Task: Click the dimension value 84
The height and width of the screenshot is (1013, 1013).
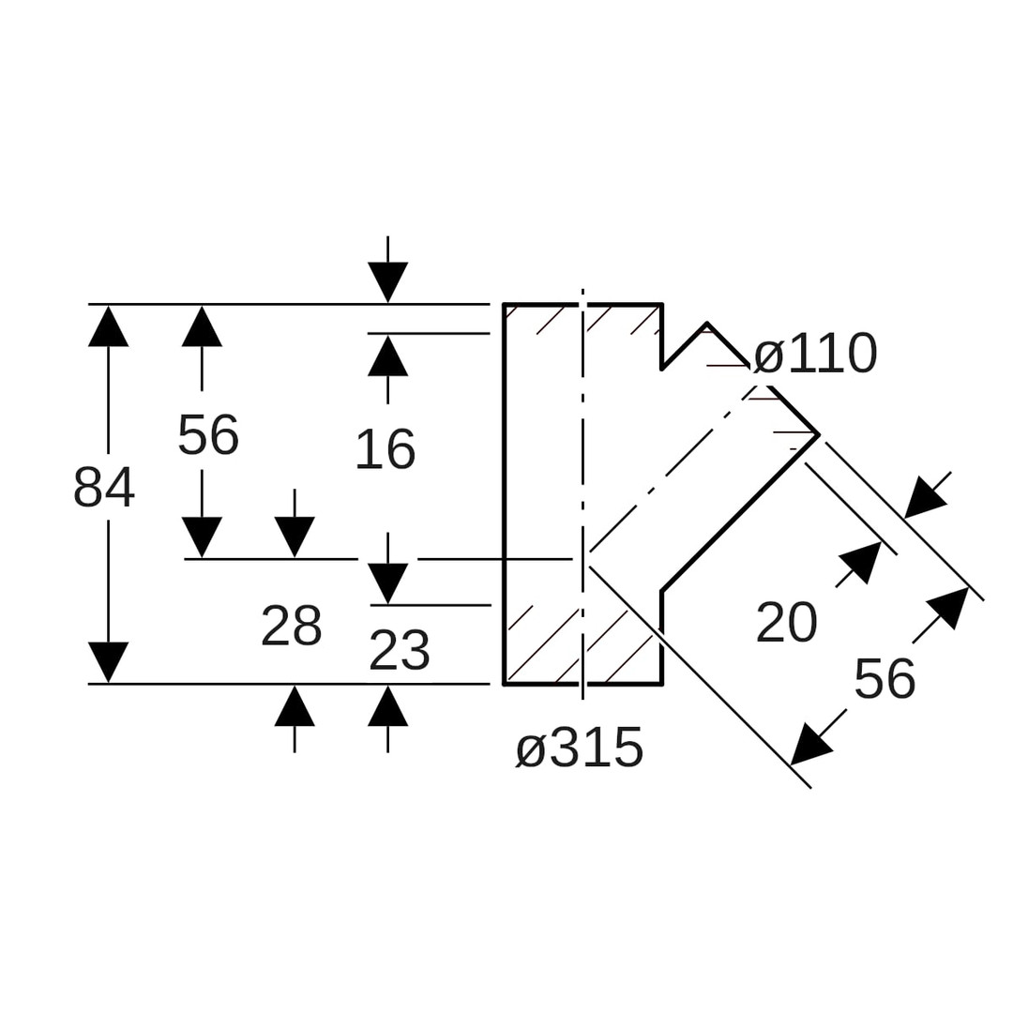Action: click(x=104, y=488)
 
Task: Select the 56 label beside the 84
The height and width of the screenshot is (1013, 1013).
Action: click(x=208, y=435)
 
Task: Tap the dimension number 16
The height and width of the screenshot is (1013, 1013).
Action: click(x=385, y=450)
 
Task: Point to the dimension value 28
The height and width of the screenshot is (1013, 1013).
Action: click(x=292, y=627)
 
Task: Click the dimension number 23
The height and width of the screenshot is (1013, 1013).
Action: click(x=399, y=651)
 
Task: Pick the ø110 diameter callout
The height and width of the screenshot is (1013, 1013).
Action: click(x=815, y=355)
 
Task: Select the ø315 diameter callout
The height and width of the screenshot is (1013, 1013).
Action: click(x=580, y=748)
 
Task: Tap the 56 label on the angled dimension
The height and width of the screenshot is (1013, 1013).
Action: click(x=884, y=679)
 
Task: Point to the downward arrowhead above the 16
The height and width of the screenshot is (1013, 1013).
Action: click(x=387, y=282)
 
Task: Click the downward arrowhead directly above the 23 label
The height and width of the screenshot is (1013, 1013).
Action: click(x=387, y=583)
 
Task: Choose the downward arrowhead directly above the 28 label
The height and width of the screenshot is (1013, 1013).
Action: click(x=295, y=537)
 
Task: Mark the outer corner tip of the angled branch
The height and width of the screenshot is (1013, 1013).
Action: click(x=819, y=434)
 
